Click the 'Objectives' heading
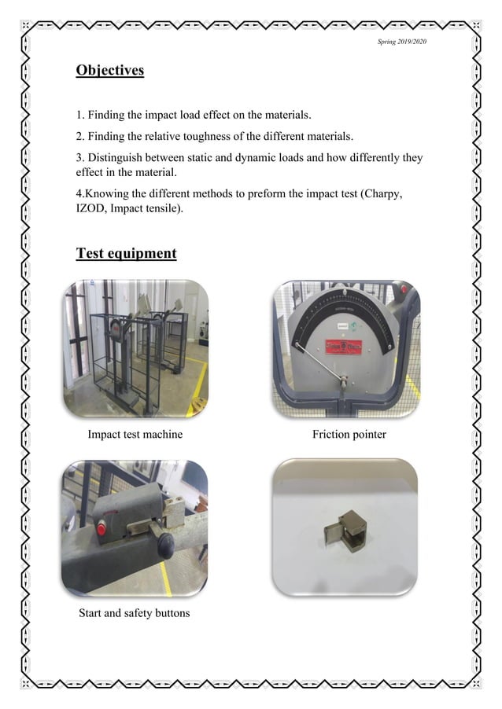tap(109, 71)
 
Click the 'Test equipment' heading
tap(126, 253)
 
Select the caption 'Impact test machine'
tap(135, 434)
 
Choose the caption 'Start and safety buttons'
tap(134, 612)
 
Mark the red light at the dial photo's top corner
tap(404, 291)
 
